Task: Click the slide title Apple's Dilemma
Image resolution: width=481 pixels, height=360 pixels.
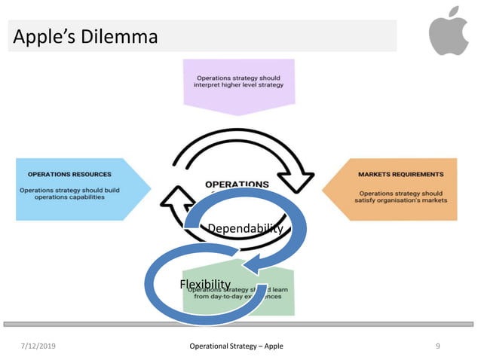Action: pyautogui.click(x=85, y=36)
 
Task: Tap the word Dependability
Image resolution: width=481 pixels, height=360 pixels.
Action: pyautogui.click(x=245, y=228)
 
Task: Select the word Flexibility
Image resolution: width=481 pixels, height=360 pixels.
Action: pyautogui.click(x=205, y=283)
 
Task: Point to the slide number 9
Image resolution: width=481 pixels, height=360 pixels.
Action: pyautogui.click(x=438, y=346)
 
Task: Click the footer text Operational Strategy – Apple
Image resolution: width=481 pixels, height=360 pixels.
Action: pyautogui.click(x=237, y=346)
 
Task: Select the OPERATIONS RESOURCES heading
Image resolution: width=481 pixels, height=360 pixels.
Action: pyautogui.click(x=69, y=174)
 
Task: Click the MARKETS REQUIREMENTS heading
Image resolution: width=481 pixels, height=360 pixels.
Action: pyautogui.click(x=400, y=174)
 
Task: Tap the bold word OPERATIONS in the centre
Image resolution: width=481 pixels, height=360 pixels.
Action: pyautogui.click(x=237, y=185)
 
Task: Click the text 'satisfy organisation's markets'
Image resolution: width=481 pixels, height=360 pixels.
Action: pyautogui.click(x=401, y=200)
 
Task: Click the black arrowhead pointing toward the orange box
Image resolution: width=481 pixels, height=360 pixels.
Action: pyautogui.click(x=303, y=181)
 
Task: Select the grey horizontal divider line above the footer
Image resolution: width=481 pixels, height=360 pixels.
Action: pyautogui.click(x=240, y=324)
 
